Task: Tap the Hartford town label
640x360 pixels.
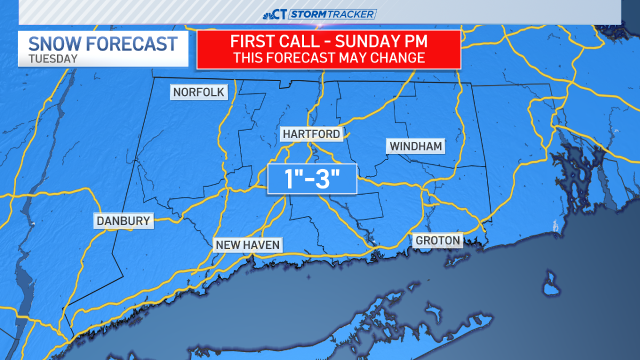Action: point(312,134)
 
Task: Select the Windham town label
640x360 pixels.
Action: point(417,146)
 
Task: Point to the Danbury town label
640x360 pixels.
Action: point(123,220)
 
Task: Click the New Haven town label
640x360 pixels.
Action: point(247,245)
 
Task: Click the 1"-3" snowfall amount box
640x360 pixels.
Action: point(312,179)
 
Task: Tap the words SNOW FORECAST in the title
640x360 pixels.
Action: point(102,44)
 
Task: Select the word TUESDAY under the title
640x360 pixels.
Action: point(53,59)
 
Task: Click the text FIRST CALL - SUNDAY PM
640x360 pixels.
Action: point(329,42)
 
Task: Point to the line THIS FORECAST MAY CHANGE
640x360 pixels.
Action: point(329,57)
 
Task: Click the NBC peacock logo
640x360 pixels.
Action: point(268,14)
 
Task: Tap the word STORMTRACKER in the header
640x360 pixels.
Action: point(332,14)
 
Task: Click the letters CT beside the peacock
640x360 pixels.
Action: point(281,14)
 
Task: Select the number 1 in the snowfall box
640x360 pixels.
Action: point(287,179)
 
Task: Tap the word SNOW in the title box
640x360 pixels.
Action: point(51,44)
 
